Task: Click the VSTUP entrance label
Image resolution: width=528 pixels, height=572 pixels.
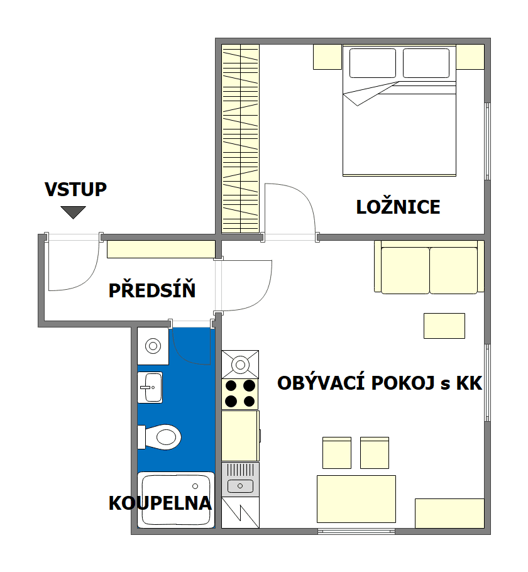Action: pyautogui.click(x=75, y=190)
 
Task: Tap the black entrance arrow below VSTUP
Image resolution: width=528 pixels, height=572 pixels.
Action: pyautogui.click(x=74, y=212)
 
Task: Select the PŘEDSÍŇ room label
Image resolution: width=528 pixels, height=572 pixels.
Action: pyautogui.click(x=152, y=291)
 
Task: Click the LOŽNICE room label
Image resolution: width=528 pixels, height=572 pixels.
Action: pyautogui.click(x=398, y=207)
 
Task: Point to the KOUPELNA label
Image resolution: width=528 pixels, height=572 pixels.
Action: pyautogui.click(x=160, y=503)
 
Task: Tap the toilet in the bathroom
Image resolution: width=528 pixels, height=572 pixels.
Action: pyautogui.click(x=163, y=436)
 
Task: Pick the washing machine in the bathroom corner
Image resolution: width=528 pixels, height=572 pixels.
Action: pyautogui.click(x=153, y=345)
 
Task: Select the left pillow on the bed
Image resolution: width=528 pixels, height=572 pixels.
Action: pyautogui.click(x=372, y=63)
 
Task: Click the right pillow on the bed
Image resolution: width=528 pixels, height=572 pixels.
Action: pyautogui.click(x=426, y=63)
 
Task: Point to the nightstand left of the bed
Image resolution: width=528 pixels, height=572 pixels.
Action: pyautogui.click(x=327, y=57)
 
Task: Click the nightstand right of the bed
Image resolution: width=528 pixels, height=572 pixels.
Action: pyautogui.click(x=470, y=57)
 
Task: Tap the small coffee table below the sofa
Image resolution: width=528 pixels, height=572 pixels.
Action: pyautogui.click(x=444, y=326)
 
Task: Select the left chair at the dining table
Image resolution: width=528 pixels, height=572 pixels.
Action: pyautogui.click(x=336, y=453)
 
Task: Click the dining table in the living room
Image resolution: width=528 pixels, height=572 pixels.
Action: pyautogui.click(x=356, y=499)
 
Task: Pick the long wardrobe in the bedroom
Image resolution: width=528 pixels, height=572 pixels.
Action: pyautogui.click(x=241, y=139)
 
